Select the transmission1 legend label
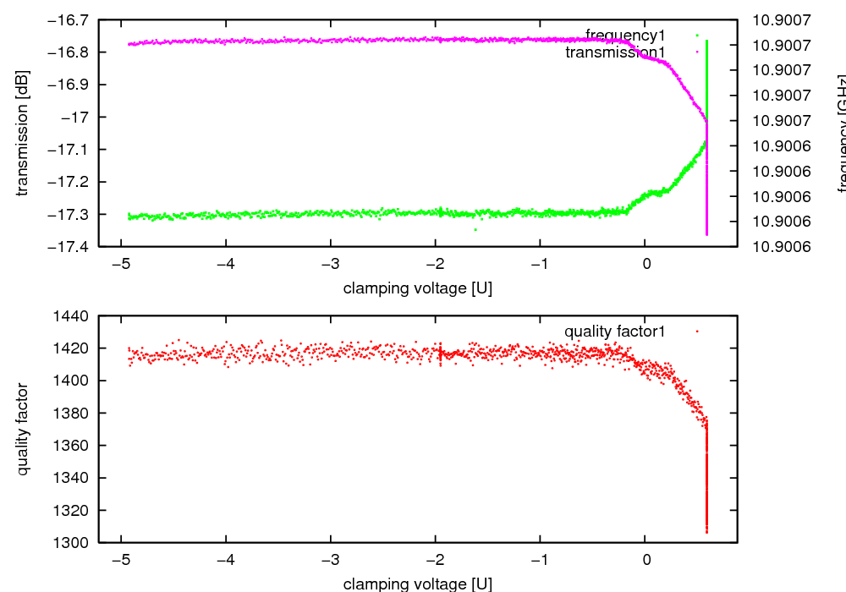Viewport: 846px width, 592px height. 615,52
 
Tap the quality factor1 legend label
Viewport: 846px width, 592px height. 614,332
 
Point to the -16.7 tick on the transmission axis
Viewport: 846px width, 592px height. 71,19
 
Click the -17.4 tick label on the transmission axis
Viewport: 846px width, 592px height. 71,247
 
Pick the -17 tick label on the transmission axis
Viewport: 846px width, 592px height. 79,117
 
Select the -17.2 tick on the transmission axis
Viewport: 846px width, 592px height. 71,182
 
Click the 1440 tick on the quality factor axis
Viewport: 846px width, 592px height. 76,316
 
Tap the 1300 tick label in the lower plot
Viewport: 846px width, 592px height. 76,542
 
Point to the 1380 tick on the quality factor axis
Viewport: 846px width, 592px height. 76,413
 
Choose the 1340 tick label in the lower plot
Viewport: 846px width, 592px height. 76,478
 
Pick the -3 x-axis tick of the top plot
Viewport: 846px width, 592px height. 330,262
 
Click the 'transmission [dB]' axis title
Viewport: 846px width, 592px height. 23,133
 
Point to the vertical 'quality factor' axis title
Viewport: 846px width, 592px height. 23,429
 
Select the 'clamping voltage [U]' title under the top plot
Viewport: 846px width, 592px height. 418,288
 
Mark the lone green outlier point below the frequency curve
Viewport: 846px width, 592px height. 475,229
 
